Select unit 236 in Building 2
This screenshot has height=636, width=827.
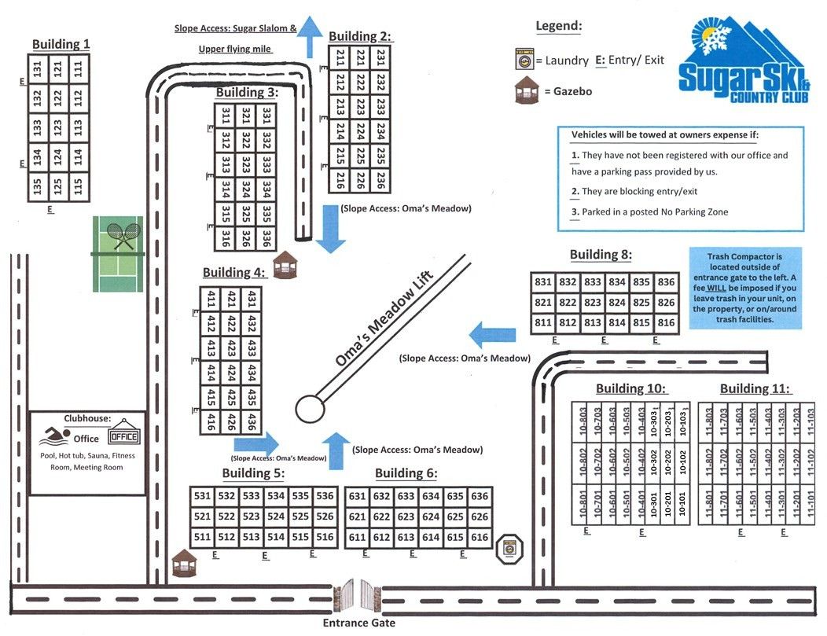point(380,180)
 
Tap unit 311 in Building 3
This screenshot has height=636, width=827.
point(226,115)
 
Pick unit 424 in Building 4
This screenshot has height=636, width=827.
point(231,372)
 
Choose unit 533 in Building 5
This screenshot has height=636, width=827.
point(252,496)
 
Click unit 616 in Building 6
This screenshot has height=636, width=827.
point(479,538)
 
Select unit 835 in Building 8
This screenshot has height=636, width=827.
point(641,281)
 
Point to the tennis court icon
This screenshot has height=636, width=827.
point(118,254)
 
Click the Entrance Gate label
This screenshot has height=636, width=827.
point(359,623)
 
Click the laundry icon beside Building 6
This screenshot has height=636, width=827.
point(509,549)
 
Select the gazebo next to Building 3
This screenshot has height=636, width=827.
point(283,266)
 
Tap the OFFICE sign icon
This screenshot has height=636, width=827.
point(123,436)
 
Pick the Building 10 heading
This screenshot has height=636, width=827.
point(631,388)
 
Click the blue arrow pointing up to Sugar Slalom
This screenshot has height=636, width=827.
point(313,35)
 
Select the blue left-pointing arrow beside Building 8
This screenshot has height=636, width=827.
point(493,335)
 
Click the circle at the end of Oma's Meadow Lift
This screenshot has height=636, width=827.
point(310,409)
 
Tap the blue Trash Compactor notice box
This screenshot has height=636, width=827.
point(746,288)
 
